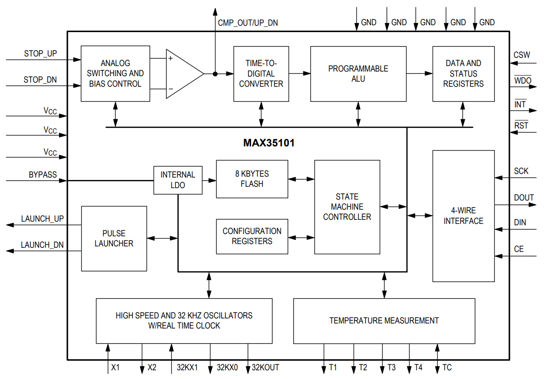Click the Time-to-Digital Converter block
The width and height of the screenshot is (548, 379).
(x=261, y=73)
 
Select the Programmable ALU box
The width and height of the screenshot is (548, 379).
(x=358, y=73)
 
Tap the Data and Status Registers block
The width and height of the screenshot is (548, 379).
(x=463, y=73)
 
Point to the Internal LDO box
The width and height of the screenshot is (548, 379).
(x=178, y=180)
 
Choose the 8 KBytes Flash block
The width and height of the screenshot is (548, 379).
(x=252, y=179)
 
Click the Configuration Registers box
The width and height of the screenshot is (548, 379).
(x=252, y=236)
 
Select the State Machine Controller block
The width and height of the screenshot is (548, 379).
(x=347, y=207)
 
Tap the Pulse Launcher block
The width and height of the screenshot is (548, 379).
(x=114, y=238)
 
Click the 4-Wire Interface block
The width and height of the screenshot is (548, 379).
(x=463, y=216)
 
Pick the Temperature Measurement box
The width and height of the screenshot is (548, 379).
(x=384, y=321)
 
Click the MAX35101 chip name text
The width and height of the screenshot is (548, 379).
(x=269, y=143)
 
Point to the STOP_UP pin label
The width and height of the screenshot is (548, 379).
(x=40, y=54)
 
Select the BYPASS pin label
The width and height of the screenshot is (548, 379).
(x=43, y=175)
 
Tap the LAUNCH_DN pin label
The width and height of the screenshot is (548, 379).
(x=42, y=245)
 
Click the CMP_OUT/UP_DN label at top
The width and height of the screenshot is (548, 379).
(x=247, y=22)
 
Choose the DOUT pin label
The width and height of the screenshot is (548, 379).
(x=524, y=198)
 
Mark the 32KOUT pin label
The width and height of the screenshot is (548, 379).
(x=265, y=368)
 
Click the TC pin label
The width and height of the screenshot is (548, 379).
(x=447, y=368)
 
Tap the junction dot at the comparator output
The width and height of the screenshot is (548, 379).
(x=215, y=73)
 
